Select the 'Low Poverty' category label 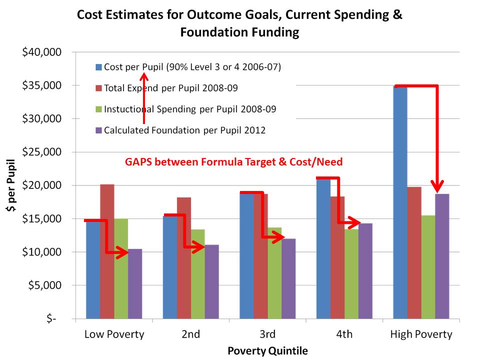114,334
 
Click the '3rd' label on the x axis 267,334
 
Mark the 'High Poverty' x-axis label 421,334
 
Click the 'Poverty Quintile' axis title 267,351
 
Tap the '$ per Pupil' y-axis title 11,185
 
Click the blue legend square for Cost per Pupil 98,66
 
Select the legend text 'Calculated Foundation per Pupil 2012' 184,130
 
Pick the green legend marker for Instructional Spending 98,109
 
